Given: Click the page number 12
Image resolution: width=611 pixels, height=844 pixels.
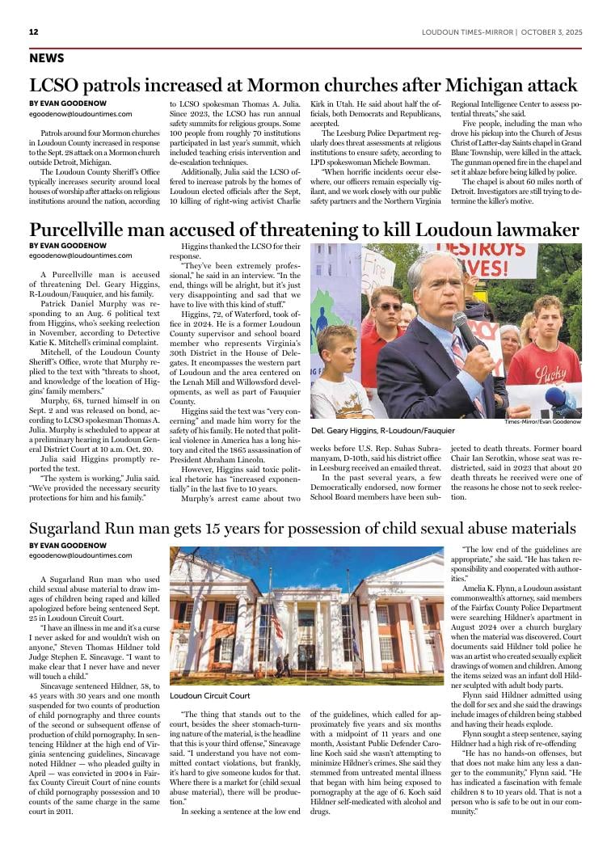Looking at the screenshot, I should click(x=34, y=32).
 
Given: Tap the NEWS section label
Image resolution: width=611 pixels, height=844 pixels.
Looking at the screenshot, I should click(x=47, y=58).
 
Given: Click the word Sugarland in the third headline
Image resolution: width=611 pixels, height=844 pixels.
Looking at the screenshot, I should click(x=69, y=529).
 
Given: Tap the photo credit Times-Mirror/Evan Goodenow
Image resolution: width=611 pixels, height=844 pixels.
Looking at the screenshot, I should click(x=542, y=422).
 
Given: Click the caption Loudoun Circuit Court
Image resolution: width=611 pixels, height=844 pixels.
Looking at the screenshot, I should click(x=209, y=695).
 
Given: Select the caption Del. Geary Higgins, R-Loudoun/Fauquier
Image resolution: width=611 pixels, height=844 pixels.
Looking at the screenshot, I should click(x=382, y=431).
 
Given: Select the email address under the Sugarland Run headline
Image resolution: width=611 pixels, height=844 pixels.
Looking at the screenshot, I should click(x=80, y=555).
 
